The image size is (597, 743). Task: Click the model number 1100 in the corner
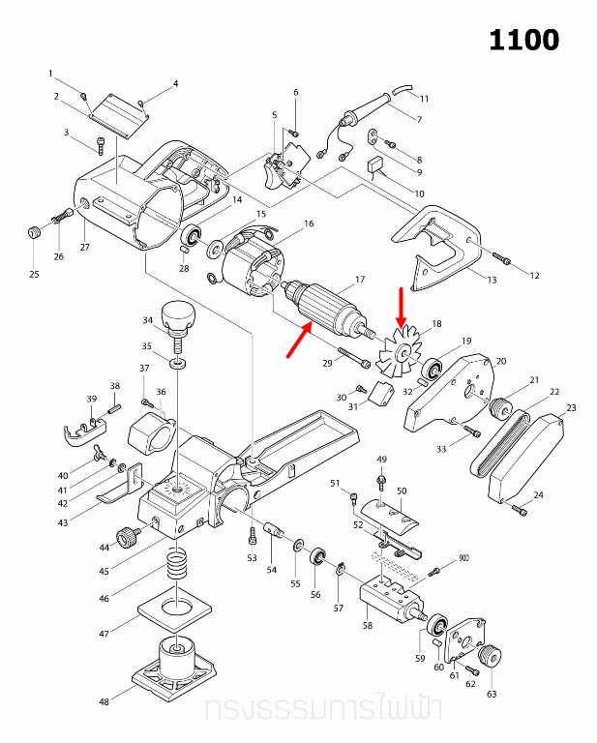click(x=523, y=40)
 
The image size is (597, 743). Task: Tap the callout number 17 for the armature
click(x=359, y=280)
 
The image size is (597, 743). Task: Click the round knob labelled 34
click(x=179, y=314)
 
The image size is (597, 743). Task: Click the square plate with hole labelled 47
click(x=175, y=609)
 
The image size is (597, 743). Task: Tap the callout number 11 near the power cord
click(x=424, y=99)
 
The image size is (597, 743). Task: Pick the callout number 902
click(x=463, y=558)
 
